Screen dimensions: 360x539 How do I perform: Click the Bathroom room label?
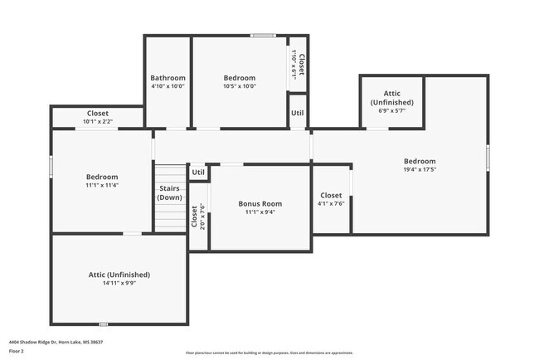[168, 78]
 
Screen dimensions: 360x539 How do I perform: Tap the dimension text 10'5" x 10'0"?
[240, 86]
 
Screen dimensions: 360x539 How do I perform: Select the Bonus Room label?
[260, 203]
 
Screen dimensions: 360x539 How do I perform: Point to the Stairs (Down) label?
[169, 192]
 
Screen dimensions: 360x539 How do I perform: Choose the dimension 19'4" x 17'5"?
[420, 170]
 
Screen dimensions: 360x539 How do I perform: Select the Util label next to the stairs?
[197, 173]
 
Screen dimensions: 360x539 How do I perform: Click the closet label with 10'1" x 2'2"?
[97, 122]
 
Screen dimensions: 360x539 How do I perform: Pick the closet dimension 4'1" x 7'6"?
[330, 204]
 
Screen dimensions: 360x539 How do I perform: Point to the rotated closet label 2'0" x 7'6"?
[198, 217]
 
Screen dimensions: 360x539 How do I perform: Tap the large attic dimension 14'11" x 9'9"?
[119, 283]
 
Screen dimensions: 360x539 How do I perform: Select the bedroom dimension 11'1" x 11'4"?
[102, 185]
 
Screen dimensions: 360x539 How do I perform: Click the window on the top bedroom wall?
[264, 36]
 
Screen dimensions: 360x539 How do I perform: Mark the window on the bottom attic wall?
[103, 324]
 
